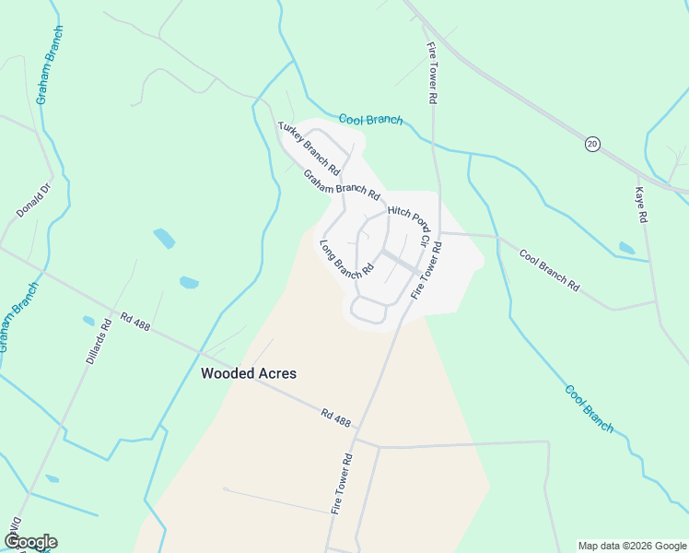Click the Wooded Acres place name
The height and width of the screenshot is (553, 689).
(x=249, y=374)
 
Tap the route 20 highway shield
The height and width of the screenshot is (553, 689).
(x=592, y=143)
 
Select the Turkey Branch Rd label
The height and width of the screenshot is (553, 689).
(x=309, y=148)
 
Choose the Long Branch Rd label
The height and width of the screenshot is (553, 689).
(x=345, y=259)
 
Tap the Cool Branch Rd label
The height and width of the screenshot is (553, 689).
(x=549, y=270)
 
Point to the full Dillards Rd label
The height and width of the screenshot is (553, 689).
(x=99, y=339)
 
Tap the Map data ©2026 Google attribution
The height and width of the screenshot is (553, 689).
(x=631, y=546)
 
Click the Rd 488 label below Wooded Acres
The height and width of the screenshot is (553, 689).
(x=337, y=419)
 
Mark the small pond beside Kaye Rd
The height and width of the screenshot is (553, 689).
(x=626, y=248)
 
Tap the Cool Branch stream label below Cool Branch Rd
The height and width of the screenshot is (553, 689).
(x=589, y=408)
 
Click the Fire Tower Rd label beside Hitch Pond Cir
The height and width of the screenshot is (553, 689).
(x=427, y=270)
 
